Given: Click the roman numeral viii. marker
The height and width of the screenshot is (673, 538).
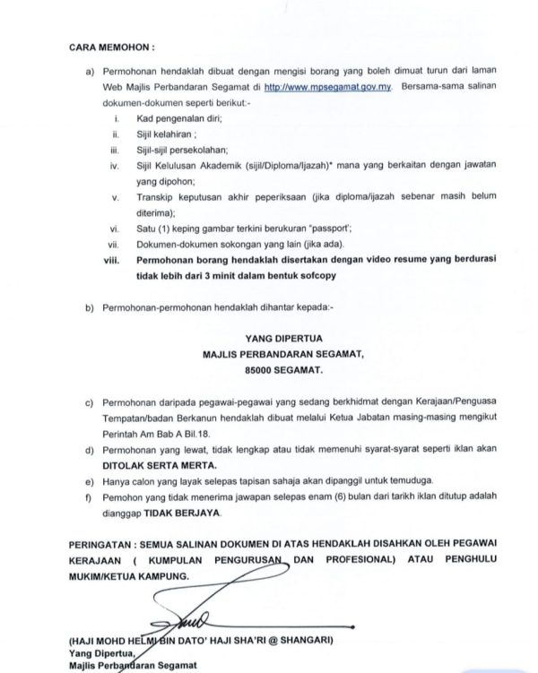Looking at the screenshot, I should (x=113, y=260).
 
